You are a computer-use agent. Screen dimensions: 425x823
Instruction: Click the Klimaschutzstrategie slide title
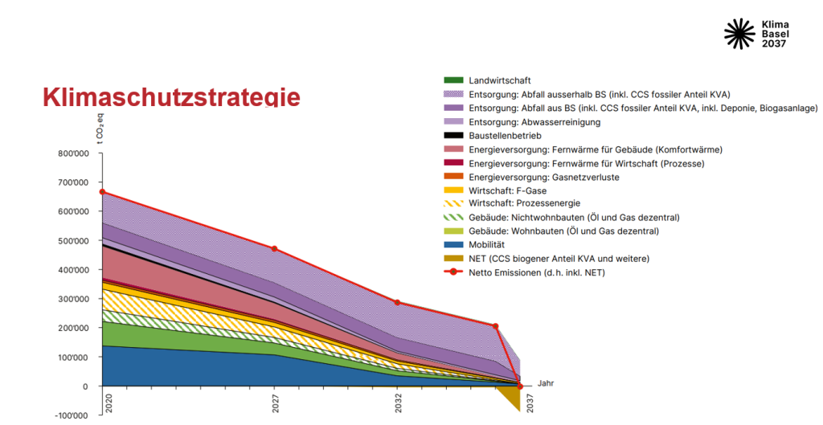click(x=171, y=97)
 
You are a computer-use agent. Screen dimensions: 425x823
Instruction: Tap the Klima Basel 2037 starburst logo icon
click(x=739, y=34)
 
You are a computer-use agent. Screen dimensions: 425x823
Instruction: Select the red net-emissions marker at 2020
click(x=103, y=192)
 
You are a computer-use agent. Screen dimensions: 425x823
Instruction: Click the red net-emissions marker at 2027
click(x=275, y=249)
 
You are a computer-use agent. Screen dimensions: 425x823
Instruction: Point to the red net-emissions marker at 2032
click(x=398, y=302)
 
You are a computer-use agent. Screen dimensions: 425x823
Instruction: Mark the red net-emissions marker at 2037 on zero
click(x=520, y=386)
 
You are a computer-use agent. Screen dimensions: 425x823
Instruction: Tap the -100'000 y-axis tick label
click(x=72, y=415)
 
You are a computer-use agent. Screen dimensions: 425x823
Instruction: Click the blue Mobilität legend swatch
click(x=454, y=244)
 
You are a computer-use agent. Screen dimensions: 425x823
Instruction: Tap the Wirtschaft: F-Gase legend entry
click(x=508, y=190)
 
